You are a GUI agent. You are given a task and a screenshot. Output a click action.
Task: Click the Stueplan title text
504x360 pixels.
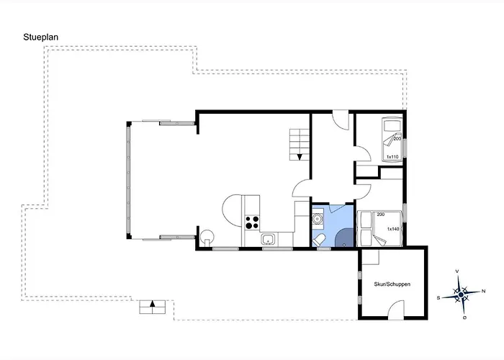click(x=40, y=37)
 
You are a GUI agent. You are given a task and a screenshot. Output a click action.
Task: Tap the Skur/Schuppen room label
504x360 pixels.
click(x=392, y=284)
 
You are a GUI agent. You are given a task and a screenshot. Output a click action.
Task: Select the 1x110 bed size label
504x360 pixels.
click(x=392, y=157)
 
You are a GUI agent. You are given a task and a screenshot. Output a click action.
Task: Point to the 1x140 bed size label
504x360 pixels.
click(x=393, y=229)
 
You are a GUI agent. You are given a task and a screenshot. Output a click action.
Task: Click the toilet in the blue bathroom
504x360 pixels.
click(x=319, y=240)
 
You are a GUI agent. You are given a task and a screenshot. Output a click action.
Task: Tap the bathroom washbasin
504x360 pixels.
click(x=318, y=219)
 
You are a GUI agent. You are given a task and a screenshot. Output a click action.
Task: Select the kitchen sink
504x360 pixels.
click(x=268, y=240)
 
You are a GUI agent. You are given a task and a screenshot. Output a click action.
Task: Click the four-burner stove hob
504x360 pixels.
click(x=252, y=222)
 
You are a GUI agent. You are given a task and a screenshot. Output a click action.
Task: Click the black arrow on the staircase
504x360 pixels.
click(x=300, y=157)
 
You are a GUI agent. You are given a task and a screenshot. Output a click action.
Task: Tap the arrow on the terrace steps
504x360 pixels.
click(x=153, y=303)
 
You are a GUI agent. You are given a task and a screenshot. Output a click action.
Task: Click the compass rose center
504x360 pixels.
click(x=461, y=294)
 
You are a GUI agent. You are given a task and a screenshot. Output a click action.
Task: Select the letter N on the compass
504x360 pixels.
click(x=483, y=291)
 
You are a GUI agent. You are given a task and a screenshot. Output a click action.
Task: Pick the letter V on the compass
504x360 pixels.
click(x=457, y=271)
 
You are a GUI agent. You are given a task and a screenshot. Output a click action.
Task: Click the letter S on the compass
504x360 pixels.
click(x=438, y=298)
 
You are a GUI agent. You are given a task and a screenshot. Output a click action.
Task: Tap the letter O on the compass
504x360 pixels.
click(x=465, y=318)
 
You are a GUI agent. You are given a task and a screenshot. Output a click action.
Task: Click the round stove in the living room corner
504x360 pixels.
click(x=207, y=236)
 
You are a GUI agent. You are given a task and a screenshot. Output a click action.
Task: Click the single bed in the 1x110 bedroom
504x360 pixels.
click(x=392, y=139)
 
